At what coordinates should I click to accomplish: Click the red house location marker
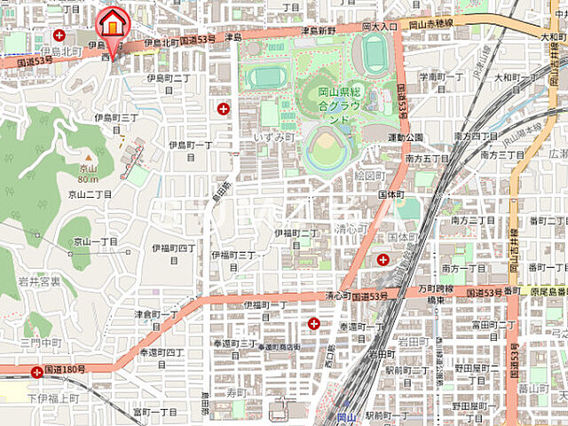tap(113, 21)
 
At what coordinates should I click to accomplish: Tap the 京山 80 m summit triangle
tap(86, 158)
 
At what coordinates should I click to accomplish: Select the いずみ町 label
tap(274, 138)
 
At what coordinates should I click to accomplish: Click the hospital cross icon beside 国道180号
tap(36, 373)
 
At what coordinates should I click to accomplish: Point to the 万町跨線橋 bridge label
tap(436, 290)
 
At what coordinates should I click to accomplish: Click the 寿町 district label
tap(236, 391)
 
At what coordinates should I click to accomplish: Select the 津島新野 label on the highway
tap(318, 30)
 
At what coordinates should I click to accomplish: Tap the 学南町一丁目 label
tap(441, 76)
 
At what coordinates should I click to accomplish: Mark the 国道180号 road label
tap(65, 368)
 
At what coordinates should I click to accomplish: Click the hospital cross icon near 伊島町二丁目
tap(223, 108)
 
